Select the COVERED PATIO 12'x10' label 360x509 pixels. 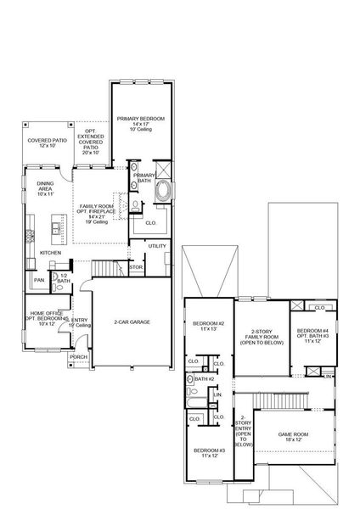[46, 143]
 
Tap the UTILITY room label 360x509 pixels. [158, 246]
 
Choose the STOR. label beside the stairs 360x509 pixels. [136, 268]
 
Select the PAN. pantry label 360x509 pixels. [39, 279]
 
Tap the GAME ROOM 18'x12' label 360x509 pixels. [294, 437]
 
